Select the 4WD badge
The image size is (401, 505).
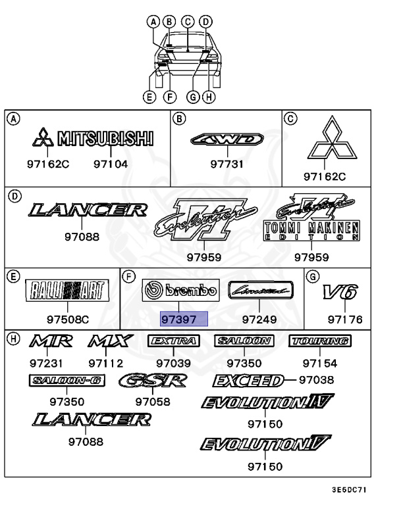tap(227, 139)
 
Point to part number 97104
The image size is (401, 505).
tap(110, 164)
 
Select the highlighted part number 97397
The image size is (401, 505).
tap(184, 320)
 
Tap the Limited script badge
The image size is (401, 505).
tap(259, 289)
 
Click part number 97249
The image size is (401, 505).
tap(260, 320)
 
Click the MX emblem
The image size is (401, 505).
tap(110, 342)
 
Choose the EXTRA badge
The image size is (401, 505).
tap(173, 341)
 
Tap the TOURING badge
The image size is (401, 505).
tap(319, 341)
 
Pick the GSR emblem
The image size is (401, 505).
tap(153, 381)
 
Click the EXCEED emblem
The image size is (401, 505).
tap(248, 381)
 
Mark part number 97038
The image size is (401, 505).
tap(315, 380)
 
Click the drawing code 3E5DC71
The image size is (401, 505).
tap(349, 491)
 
